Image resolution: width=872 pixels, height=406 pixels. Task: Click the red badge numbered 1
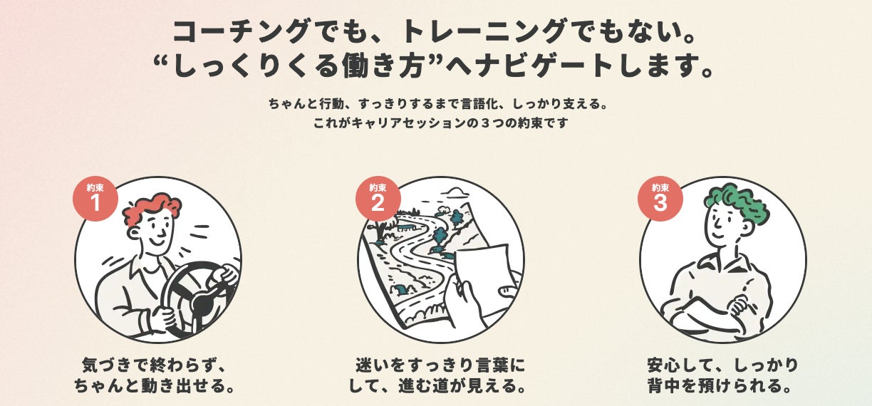click(x=95, y=199)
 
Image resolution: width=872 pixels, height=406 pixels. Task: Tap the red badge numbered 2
click(x=378, y=199)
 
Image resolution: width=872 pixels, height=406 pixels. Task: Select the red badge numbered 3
click(x=660, y=199)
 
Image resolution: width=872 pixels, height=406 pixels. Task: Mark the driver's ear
click(x=133, y=234)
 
